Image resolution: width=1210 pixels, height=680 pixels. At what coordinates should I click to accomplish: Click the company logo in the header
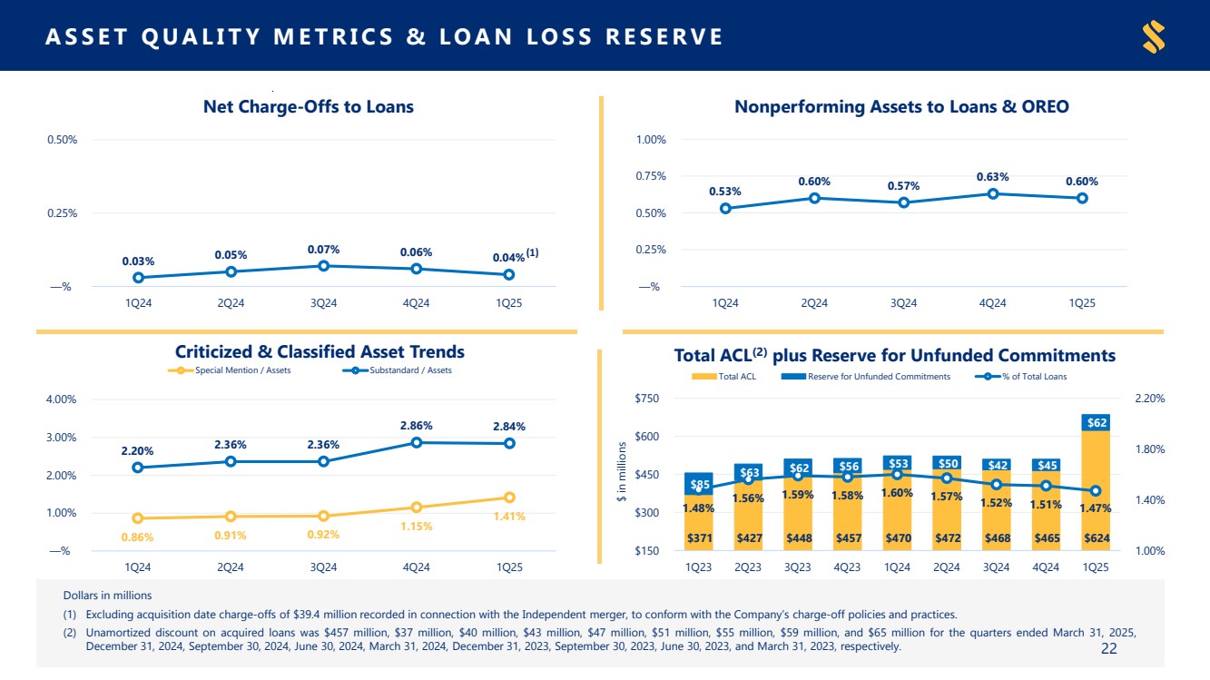[x=1154, y=36]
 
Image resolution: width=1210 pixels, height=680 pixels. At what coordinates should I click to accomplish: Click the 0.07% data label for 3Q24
[x=322, y=249]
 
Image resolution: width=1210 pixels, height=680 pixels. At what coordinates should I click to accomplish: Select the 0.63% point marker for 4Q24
[x=993, y=193]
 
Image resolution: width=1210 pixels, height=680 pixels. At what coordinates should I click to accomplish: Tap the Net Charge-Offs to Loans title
[x=308, y=107]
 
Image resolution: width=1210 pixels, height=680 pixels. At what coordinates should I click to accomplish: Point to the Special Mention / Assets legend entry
[x=231, y=370]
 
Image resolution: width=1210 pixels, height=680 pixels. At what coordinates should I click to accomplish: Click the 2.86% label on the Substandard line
[x=416, y=425]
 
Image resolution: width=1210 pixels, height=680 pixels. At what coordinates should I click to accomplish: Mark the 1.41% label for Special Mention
[x=508, y=517]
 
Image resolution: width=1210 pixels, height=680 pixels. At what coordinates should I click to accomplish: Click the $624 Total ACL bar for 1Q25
[x=1096, y=537]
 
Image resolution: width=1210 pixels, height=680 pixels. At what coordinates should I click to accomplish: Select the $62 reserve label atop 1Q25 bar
[x=1097, y=422]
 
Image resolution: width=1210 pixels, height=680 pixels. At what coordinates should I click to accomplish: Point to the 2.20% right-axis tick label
[x=1149, y=399]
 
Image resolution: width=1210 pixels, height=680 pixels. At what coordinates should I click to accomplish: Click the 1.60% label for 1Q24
[x=897, y=493]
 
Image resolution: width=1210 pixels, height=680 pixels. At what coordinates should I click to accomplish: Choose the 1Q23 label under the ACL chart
[x=698, y=567]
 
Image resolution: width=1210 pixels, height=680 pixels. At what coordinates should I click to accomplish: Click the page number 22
[x=1108, y=648]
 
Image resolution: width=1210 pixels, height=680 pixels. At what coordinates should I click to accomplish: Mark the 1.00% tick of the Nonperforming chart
[x=652, y=140]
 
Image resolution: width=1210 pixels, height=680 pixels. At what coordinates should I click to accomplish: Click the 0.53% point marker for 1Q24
[x=725, y=209]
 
